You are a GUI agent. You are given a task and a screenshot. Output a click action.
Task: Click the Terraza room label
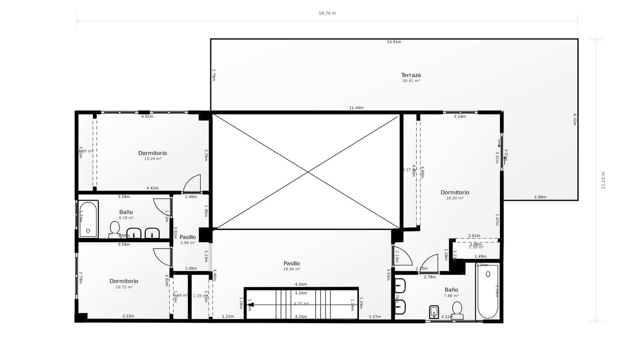tap(411, 75)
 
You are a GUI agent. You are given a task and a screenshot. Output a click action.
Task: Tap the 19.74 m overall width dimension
tap(327, 13)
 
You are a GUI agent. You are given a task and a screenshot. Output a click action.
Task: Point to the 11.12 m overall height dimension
tap(603, 180)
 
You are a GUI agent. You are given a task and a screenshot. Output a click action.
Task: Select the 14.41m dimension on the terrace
tap(394, 42)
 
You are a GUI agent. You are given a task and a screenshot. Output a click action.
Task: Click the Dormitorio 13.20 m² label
tap(152, 153)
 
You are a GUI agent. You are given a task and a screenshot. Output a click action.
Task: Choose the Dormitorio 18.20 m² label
tap(455, 192)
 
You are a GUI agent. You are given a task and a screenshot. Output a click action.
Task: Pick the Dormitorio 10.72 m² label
tap(124, 281)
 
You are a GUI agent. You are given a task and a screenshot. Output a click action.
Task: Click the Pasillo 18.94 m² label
tap(292, 264)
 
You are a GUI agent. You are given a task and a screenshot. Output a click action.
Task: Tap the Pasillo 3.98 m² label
tap(188, 237)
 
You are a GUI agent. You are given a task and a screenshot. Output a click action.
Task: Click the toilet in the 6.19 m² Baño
tap(115, 229)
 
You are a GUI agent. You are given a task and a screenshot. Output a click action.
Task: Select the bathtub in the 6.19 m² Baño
tap(88, 219)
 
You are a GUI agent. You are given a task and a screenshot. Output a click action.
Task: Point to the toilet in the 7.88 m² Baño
tap(457, 310)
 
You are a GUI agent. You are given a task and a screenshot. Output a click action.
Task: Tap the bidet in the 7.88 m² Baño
tap(434, 312)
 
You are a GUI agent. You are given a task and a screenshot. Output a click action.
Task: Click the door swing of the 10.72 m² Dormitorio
tap(162, 257)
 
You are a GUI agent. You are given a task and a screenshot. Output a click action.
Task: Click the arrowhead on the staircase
tap(251, 305)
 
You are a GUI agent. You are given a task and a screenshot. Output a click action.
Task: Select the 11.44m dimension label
tap(356, 108)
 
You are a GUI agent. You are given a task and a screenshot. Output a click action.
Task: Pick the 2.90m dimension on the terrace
tap(540, 197)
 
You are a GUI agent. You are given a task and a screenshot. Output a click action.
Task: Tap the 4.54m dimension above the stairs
tap(301, 284)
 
